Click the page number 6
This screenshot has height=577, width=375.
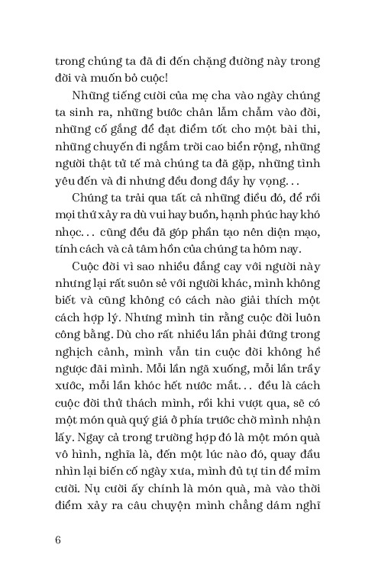[58, 540]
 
